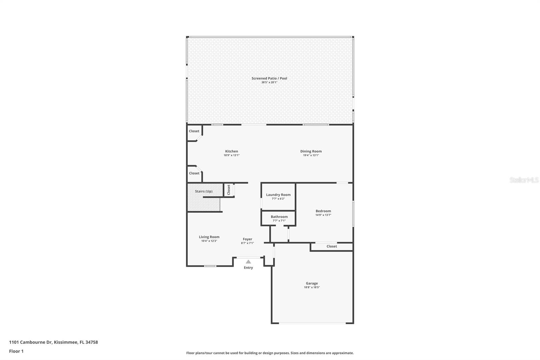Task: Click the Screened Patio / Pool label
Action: [x=269, y=78]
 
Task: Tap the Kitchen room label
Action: [x=232, y=151]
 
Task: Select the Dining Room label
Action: [x=311, y=151]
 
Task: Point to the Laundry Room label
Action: [x=278, y=195]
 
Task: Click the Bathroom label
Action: [x=279, y=217]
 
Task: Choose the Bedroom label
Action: [x=323, y=211]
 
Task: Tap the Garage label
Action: [x=312, y=283]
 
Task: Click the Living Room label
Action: [x=209, y=237]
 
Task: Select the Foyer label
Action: [x=247, y=239]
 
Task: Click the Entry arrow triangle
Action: [x=248, y=262]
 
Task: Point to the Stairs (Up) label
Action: [x=204, y=191]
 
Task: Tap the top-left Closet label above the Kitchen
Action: [x=194, y=131]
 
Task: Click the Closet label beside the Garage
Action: [x=331, y=246]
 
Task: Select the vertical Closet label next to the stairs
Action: [x=228, y=189]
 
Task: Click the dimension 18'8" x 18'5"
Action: [x=312, y=287]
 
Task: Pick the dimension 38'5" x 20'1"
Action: [x=269, y=82]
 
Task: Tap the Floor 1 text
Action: [x=16, y=351]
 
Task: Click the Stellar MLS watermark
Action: [x=524, y=180]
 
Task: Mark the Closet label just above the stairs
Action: [x=194, y=173]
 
